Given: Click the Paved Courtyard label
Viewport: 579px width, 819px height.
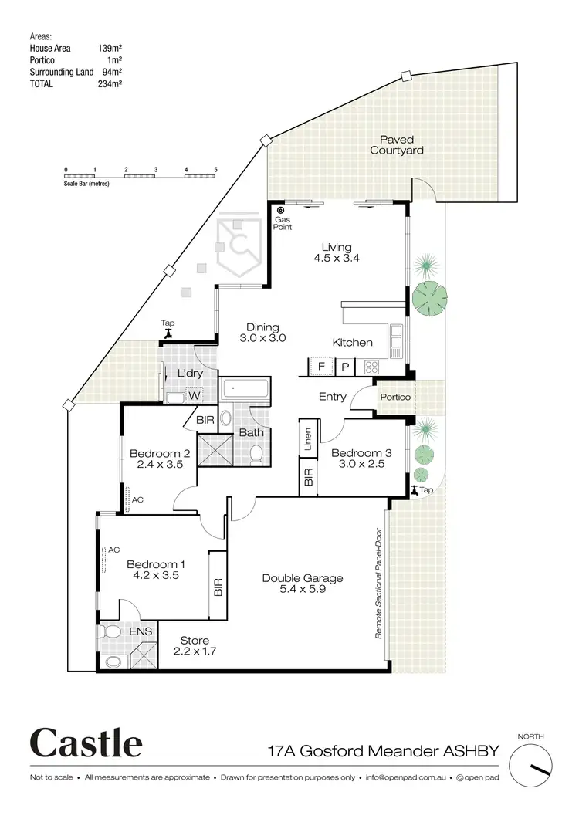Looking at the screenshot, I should coord(396,145).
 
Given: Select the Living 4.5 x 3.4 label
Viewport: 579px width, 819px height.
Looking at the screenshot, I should coord(337,253).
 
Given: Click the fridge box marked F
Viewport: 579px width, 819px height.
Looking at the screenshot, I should coord(320,367).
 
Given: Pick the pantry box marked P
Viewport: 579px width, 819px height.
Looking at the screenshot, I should coord(345,367).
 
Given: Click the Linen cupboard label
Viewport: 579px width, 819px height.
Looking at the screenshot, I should coord(307,439).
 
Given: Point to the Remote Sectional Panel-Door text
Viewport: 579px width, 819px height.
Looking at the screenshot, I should coord(379,584).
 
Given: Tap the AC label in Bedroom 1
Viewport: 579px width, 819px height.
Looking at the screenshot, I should coord(113,550).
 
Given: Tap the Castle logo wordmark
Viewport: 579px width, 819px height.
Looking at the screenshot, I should coord(86,744).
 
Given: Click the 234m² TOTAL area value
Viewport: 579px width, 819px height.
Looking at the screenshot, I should coord(113,84).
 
